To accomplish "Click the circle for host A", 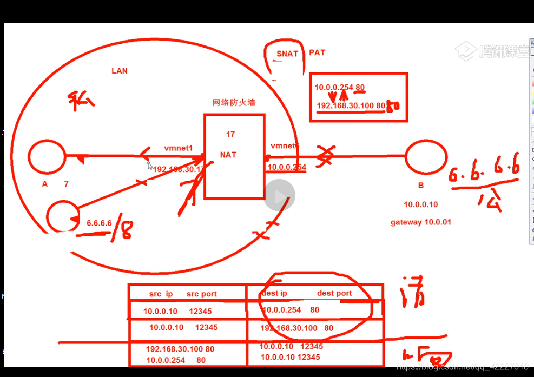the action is (x=47, y=156).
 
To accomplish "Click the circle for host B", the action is (x=427, y=157).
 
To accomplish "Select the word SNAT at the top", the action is (x=287, y=54).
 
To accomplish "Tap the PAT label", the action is (x=317, y=52).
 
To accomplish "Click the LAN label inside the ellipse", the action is (x=119, y=71).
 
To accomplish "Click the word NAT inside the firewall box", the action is (x=228, y=155).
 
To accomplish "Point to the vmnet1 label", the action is (x=179, y=148).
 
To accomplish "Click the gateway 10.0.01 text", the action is (x=420, y=222).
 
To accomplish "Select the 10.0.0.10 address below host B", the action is (x=420, y=204).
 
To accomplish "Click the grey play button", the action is (x=280, y=195).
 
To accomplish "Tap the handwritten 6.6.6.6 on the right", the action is (x=484, y=170).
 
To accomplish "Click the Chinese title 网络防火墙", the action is (x=234, y=103).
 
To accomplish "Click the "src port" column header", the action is (x=201, y=294).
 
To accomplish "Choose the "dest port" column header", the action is (x=334, y=293).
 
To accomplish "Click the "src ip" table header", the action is (x=161, y=294).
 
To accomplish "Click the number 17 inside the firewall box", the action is (x=230, y=134).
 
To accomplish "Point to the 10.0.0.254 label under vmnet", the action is (x=286, y=167).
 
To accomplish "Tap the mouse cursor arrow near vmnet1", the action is (x=149, y=165).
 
